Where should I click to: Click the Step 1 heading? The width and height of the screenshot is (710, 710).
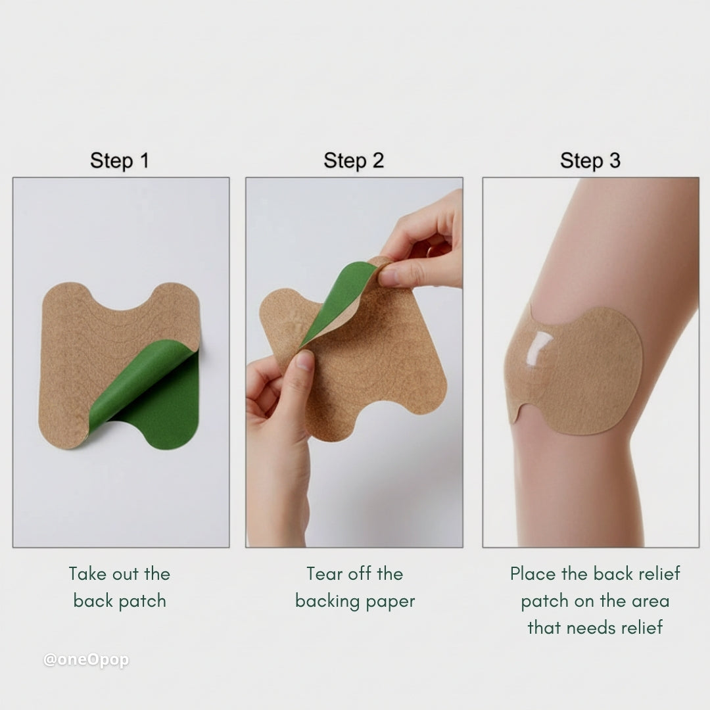(120, 161)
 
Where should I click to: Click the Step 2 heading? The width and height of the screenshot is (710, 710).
(354, 161)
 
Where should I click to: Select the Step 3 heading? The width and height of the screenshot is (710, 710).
(590, 161)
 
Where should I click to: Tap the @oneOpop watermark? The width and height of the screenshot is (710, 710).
(86, 660)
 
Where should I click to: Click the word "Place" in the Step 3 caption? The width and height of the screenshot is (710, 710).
(533, 574)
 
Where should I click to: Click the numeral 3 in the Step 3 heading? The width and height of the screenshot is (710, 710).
(614, 161)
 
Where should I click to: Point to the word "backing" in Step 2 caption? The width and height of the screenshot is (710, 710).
(325, 602)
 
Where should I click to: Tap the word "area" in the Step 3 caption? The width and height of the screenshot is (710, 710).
(647, 602)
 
